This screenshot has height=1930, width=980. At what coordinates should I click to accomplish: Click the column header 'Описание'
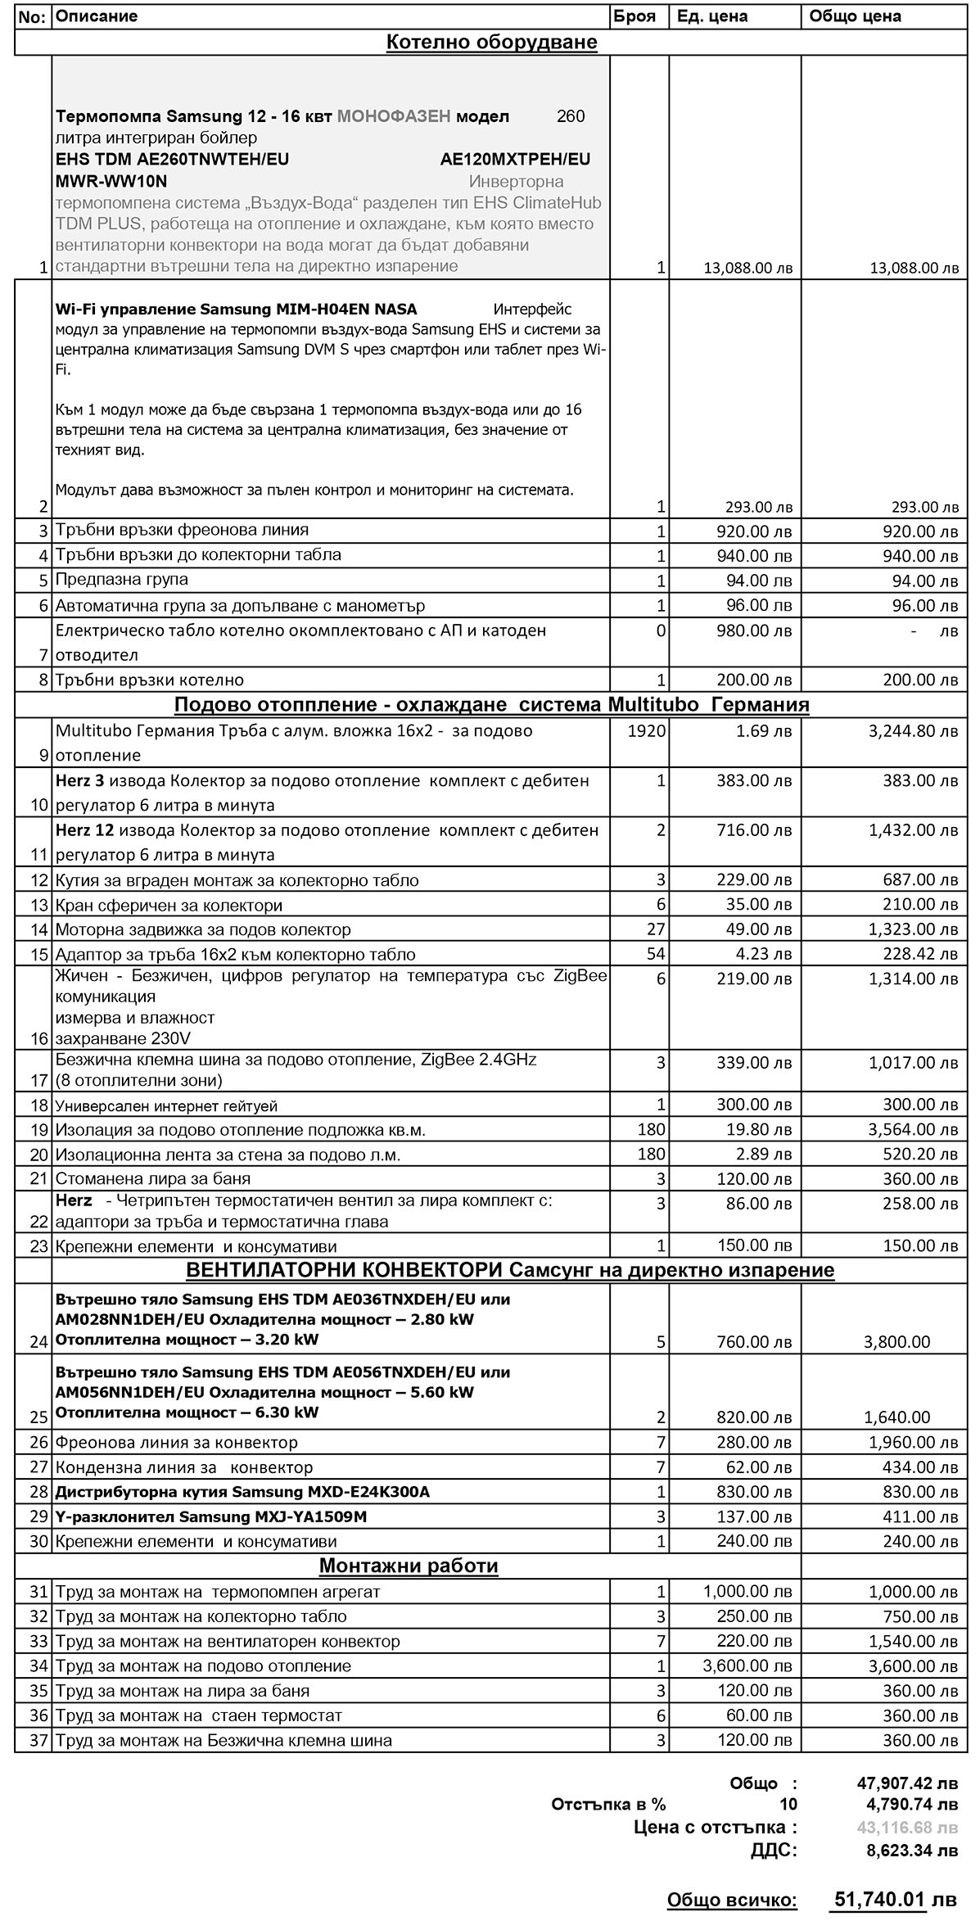coord(97,16)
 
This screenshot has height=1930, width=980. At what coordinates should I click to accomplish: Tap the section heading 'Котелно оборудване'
coord(491,43)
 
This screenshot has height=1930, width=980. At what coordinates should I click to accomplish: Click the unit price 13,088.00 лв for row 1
coord(747,268)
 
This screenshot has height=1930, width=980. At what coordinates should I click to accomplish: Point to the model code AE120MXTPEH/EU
coord(515,159)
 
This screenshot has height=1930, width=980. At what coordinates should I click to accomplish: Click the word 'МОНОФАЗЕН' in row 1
coord(393,116)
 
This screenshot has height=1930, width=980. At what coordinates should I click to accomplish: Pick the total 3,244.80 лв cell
coord(913,730)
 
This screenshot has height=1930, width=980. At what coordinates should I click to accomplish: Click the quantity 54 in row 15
coord(655,954)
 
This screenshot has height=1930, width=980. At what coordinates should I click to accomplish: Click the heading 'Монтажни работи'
coord(409,1566)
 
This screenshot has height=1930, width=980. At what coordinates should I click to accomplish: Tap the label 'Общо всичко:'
coord(731,1900)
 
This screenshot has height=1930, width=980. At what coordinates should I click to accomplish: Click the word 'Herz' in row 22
coord(74,1201)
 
